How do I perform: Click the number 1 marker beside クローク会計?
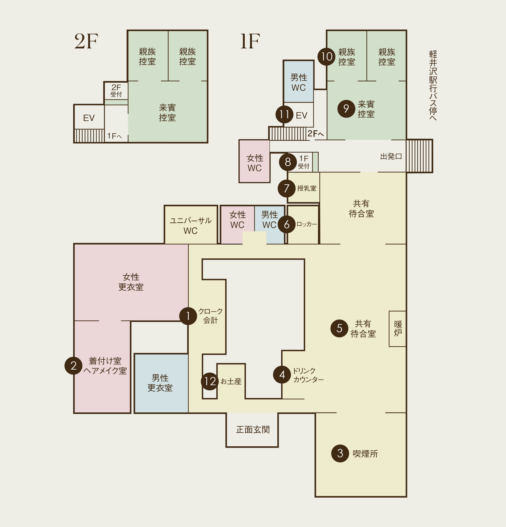coord(188,316)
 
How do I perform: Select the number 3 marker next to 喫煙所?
coord(340,453)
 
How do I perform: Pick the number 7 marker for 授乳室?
coord(287,188)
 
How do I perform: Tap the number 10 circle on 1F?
coord(327,56)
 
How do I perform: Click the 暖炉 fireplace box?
coord(397,329)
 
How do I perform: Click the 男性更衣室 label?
coord(160,383)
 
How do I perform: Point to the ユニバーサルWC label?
coord(191,226)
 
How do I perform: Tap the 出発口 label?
coord(391,156)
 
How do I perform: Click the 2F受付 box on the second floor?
coord(116,91)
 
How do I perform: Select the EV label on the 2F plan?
coord(89,118)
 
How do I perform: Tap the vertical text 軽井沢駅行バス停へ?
coord(433,85)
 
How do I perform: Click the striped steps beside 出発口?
coord(419,156)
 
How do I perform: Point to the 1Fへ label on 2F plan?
coord(114,136)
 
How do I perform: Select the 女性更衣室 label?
coord(131,282)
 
